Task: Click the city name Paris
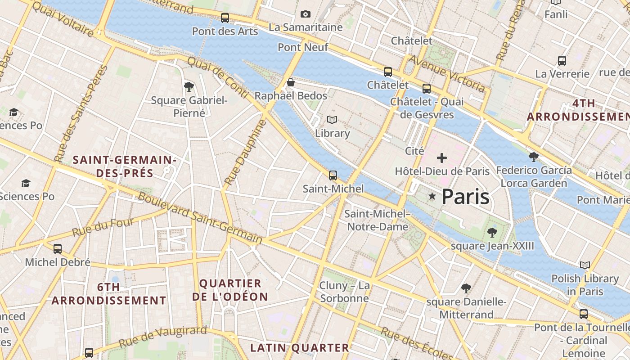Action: [x=465, y=197]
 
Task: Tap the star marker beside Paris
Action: [x=432, y=196]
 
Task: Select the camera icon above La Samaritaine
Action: [x=306, y=14]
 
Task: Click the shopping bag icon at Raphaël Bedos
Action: [x=291, y=82]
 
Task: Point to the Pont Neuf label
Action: [x=303, y=47]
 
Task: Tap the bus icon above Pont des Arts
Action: [x=225, y=18]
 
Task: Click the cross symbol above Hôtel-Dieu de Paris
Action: [x=442, y=158]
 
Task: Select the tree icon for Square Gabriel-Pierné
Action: [x=189, y=86]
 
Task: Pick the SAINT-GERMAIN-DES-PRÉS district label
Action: [x=124, y=166]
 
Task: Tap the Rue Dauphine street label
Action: [x=245, y=152]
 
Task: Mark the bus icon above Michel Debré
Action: [x=58, y=248]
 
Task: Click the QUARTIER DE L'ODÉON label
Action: [x=230, y=290]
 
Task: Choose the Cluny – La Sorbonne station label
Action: [x=344, y=292]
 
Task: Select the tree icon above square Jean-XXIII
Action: [x=492, y=233]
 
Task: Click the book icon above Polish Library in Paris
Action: [x=585, y=265]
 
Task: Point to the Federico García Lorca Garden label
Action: [x=534, y=176]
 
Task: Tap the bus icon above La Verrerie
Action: [x=562, y=60]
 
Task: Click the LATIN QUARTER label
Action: [x=300, y=348]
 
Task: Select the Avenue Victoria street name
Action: [x=446, y=73]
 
